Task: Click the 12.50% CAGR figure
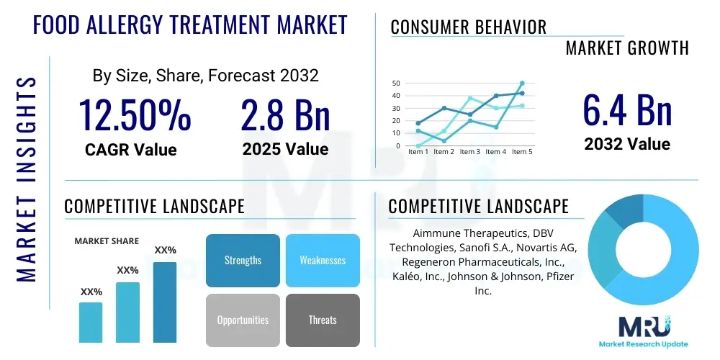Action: coord(135,115)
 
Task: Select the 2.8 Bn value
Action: coord(285,115)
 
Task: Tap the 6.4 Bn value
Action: coord(626,111)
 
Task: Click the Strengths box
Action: coord(243,260)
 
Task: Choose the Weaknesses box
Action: coord(323,260)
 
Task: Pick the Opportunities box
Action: coord(243,320)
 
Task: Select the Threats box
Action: coord(323,320)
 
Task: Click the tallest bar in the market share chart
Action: coord(164,302)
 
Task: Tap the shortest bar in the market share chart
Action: coord(91,322)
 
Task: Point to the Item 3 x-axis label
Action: coord(469,152)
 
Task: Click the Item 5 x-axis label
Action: coord(521,152)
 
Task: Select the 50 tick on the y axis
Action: coord(396,84)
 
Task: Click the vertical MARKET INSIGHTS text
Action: coord(27,177)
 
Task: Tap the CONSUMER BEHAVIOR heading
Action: coord(468,27)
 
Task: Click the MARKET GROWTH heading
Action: coord(626,48)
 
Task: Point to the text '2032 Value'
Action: coord(626,144)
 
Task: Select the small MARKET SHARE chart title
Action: coord(107,241)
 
